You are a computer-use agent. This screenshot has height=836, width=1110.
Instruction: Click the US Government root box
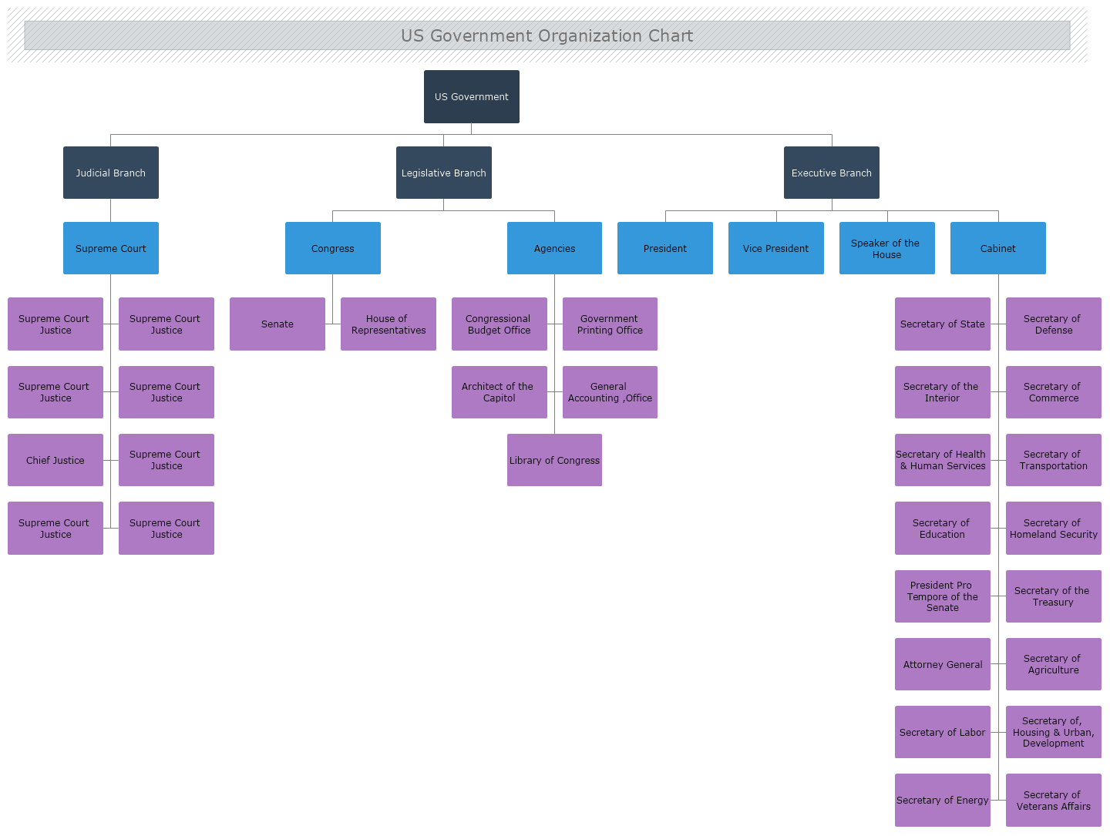click(471, 96)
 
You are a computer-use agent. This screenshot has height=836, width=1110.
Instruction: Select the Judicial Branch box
click(110, 173)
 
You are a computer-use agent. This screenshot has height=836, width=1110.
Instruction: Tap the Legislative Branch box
click(443, 173)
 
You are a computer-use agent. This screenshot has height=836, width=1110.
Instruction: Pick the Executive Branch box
click(831, 173)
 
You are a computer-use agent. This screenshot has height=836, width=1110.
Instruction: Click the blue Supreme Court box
click(110, 248)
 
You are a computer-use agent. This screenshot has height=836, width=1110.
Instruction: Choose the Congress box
click(332, 248)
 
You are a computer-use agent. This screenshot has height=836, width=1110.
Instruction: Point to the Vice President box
click(775, 248)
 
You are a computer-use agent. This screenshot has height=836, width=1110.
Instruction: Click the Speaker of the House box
click(886, 248)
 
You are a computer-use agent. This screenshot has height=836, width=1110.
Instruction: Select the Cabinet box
click(997, 248)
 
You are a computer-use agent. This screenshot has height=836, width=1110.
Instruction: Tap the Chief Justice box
click(55, 460)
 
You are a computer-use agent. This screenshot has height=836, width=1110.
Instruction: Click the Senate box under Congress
click(277, 324)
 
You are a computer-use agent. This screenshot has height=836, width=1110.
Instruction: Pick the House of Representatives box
click(388, 324)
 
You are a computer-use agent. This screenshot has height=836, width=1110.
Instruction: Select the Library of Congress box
click(554, 460)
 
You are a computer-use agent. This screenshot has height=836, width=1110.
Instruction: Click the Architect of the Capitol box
click(499, 392)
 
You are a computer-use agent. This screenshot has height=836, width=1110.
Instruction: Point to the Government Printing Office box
click(610, 324)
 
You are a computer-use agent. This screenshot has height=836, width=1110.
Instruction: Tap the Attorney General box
click(942, 664)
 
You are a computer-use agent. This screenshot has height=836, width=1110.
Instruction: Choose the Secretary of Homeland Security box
click(1053, 528)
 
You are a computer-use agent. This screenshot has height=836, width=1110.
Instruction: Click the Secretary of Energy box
click(942, 800)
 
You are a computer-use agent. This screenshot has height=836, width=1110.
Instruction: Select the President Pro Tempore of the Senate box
click(942, 596)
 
